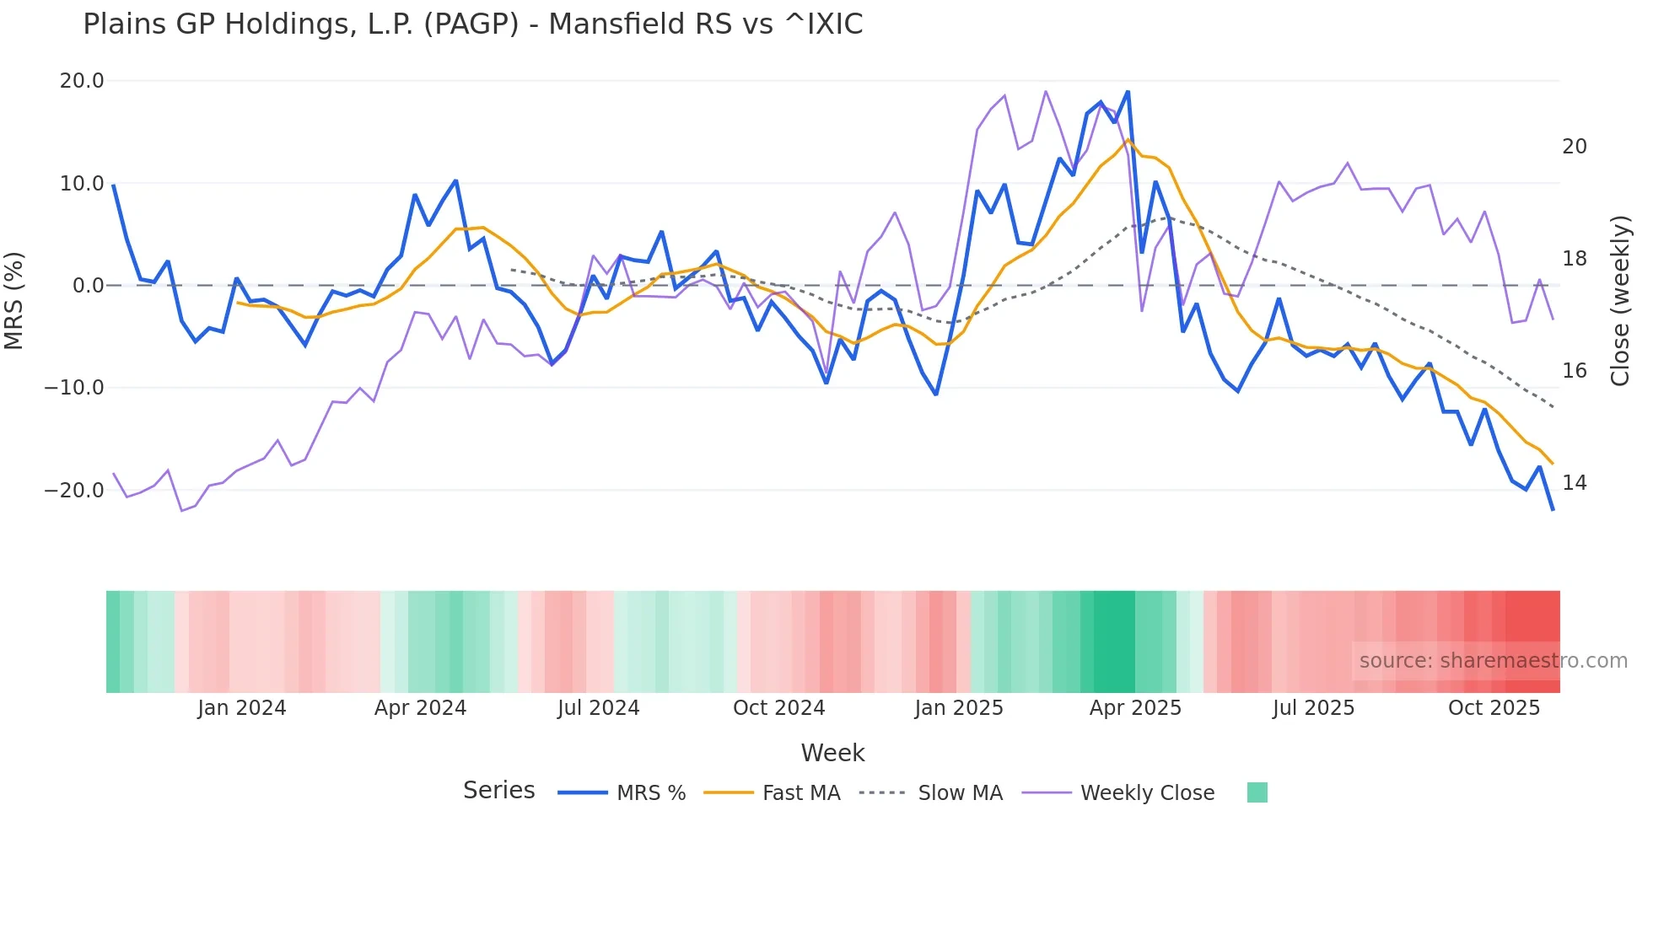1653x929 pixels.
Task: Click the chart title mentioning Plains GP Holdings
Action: pos(472,24)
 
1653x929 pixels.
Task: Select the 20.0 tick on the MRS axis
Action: pos(82,81)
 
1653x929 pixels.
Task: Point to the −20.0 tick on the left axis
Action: pos(75,491)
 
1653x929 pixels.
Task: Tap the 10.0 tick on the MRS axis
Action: pos(82,184)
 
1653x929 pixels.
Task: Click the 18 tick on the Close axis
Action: pos(1574,259)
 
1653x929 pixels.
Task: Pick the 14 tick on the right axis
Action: pos(1574,483)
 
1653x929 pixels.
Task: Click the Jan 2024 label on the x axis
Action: pos(242,708)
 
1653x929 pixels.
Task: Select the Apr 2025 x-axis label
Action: pos(1135,708)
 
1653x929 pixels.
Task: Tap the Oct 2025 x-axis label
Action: pos(1494,708)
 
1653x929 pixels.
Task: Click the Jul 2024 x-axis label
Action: pos(598,708)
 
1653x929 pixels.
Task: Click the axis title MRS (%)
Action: pos(14,300)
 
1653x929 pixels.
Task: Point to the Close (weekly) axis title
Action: pos(1619,300)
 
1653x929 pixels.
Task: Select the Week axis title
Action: pos(832,753)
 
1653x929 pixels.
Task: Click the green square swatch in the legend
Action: pos(1257,792)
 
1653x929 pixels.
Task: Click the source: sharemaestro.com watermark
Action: pos(1493,661)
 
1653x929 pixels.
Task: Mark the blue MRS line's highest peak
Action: pos(1128,92)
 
